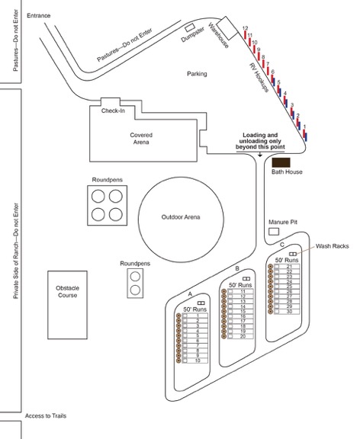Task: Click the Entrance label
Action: click(39, 16)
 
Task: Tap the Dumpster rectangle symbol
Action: click(190, 27)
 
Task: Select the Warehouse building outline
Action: click(227, 28)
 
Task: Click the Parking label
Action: click(197, 74)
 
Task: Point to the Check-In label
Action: click(113, 111)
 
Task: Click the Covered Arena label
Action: click(141, 138)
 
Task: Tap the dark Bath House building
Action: click(281, 162)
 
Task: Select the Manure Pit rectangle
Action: click(274, 232)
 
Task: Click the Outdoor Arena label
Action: click(181, 217)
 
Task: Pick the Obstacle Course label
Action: click(67, 291)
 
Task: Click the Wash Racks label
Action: click(333, 246)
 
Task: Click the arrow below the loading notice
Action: click(260, 154)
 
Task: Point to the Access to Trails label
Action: click(46, 416)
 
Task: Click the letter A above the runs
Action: click(190, 294)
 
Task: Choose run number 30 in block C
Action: click(289, 311)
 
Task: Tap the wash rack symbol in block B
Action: click(246, 279)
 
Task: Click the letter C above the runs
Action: click(282, 245)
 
